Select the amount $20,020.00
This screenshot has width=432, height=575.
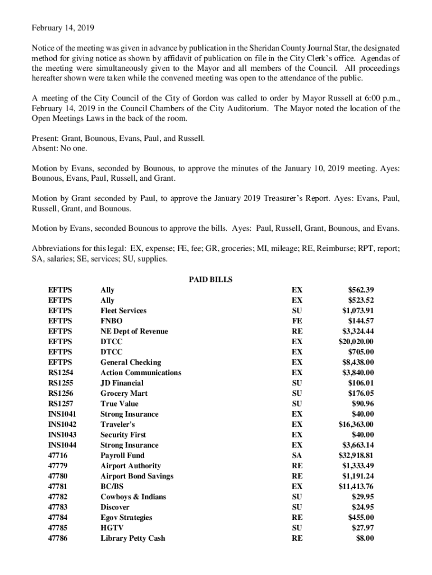pos(356,341)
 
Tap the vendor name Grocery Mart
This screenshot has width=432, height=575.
pos(124,393)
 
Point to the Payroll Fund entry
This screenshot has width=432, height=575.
pos(122,455)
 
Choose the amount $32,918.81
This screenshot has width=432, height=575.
pos(356,455)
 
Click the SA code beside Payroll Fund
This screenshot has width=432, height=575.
pos(297,455)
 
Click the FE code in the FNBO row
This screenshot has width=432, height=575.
pos(297,321)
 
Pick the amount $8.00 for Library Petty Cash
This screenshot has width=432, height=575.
pos(365,538)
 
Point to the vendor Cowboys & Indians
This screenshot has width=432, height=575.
pos(133,496)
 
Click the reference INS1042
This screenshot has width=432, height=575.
pos(62,424)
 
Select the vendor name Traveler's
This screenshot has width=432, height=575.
pos(118,424)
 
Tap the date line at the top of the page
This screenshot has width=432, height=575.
pos(55,28)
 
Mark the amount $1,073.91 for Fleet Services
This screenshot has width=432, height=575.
pos(358,311)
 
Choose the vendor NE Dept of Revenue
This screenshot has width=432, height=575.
pos(134,331)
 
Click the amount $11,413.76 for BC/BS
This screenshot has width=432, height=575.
pos(356,486)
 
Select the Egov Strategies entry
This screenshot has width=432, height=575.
pos(126,517)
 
